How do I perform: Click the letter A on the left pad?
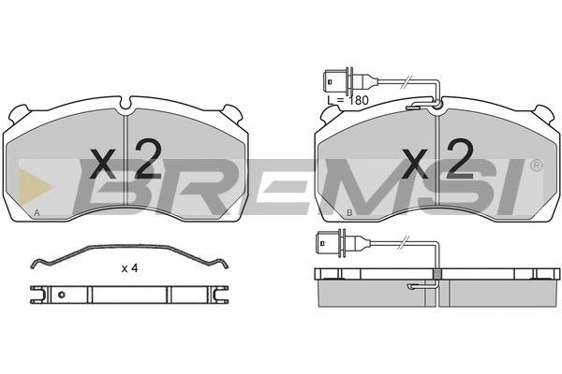click(37, 212)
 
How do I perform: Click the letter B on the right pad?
click(349, 212)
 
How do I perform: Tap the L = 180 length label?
click(348, 101)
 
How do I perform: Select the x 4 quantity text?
click(130, 268)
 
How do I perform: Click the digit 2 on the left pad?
click(148, 159)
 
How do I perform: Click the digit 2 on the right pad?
click(460, 159)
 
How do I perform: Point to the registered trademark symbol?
click(536, 165)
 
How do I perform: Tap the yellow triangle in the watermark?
click(35, 187)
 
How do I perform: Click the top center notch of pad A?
click(126, 103)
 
